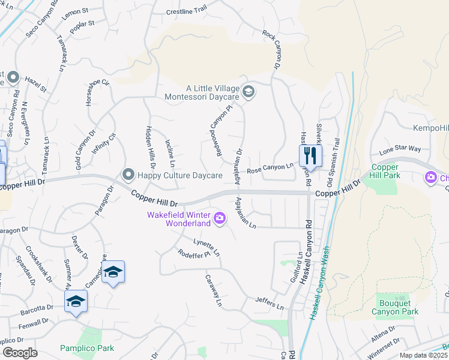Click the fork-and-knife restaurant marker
pyautogui.click(x=310, y=157)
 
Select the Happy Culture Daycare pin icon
pyautogui.click(x=127, y=175)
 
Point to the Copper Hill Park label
pyautogui.click(x=385, y=171)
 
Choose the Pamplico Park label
pyautogui.click(x=87, y=348)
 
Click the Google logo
pyautogui.click(x=20, y=353)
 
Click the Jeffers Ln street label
pyautogui.click(x=268, y=302)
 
